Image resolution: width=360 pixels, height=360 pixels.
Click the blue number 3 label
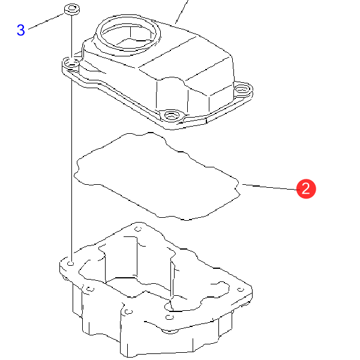click(x=21, y=30)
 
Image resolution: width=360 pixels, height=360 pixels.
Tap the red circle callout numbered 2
click(x=306, y=189)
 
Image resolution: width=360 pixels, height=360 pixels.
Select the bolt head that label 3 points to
click(x=72, y=10)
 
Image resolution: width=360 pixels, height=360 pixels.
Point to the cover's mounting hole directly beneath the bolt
click(x=72, y=62)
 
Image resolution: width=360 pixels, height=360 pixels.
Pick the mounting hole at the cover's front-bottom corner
click(x=171, y=114)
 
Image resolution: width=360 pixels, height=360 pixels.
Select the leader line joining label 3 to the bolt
click(x=46, y=22)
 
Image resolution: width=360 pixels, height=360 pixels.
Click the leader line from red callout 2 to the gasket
click(x=270, y=187)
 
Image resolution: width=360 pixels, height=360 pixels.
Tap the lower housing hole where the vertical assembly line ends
click(x=71, y=263)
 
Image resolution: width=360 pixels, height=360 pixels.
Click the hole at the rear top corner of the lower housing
click(x=138, y=229)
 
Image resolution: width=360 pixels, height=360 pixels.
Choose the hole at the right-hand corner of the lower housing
click(x=241, y=290)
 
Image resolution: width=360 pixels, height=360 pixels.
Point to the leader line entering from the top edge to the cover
click(x=182, y=12)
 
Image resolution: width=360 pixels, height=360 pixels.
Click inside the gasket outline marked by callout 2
click(x=156, y=176)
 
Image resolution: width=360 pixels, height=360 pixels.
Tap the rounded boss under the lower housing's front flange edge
click(x=170, y=331)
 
